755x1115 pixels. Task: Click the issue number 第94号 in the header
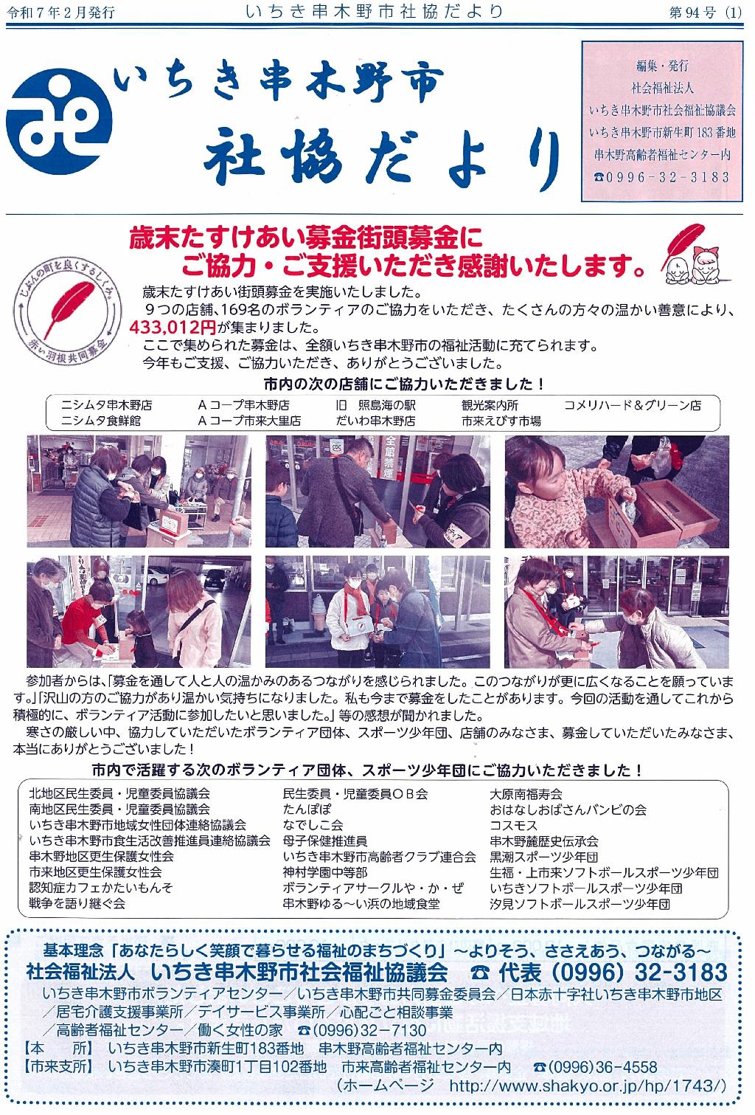[692, 13]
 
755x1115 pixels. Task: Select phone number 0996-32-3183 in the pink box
[662, 176]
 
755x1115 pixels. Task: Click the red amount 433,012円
[173, 327]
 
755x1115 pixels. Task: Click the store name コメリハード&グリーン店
[632, 405]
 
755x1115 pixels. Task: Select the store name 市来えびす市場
[501, 421]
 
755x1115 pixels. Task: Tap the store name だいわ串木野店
[375, 421]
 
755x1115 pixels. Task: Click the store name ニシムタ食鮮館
[101, 421]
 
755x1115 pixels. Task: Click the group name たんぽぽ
[307, 810]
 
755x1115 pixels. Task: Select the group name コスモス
[513, 826]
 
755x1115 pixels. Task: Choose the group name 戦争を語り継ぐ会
[77, 903]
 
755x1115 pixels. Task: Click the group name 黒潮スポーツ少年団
[543, 857]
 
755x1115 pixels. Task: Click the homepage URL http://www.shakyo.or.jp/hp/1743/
[588, 1085]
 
